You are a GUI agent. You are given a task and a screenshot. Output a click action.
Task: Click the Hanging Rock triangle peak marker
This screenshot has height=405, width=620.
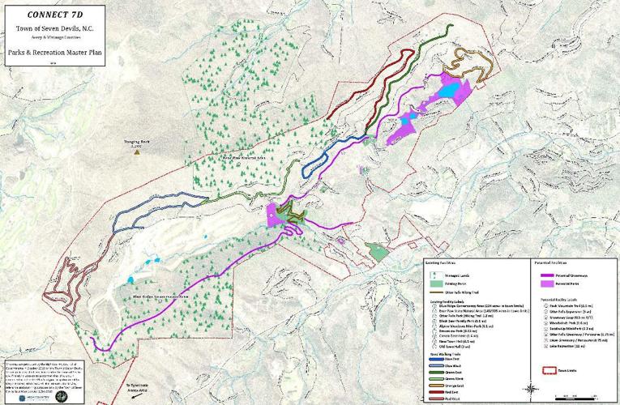[x=139, y=151]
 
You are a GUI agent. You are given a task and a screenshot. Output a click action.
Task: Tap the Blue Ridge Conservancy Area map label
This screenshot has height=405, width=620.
[x=167, y=297]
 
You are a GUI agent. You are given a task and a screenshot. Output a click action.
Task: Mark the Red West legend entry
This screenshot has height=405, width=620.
[x=436, y=399]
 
